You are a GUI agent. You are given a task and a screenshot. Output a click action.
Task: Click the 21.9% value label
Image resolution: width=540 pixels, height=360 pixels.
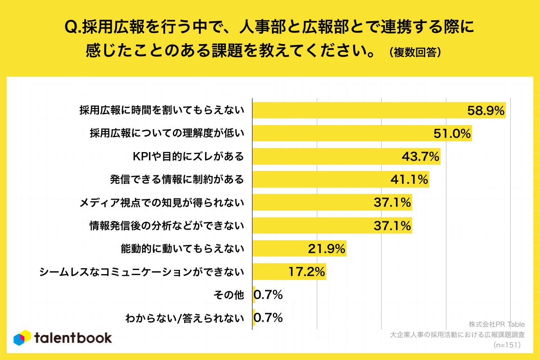pos(326,248)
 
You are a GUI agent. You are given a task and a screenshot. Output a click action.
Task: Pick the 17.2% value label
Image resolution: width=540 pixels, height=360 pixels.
pos(306,272)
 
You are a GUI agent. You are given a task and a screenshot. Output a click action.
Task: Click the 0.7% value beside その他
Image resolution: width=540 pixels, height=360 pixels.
pos(268,295)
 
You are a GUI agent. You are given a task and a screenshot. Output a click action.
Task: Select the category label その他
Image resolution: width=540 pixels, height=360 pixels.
pos(229,295)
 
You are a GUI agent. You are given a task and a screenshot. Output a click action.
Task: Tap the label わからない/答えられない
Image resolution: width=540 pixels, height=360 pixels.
pos(184,318)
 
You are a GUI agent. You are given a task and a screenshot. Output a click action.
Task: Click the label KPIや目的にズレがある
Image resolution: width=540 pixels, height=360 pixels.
pos(188,157)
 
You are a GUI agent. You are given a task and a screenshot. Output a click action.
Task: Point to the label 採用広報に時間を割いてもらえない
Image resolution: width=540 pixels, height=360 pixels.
pos(162,111)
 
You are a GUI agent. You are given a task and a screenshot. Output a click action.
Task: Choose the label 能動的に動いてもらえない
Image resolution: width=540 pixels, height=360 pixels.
pos(182,248)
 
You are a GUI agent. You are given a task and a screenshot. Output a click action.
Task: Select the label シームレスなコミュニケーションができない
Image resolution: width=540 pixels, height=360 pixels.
pos(142,272)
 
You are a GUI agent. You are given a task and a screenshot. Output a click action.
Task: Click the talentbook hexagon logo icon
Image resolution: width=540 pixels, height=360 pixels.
pos(22,338)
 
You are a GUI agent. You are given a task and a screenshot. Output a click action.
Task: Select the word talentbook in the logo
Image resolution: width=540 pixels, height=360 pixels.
pos(73,338)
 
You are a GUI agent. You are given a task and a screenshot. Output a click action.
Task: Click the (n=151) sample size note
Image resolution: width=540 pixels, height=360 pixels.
pos(507,345)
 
